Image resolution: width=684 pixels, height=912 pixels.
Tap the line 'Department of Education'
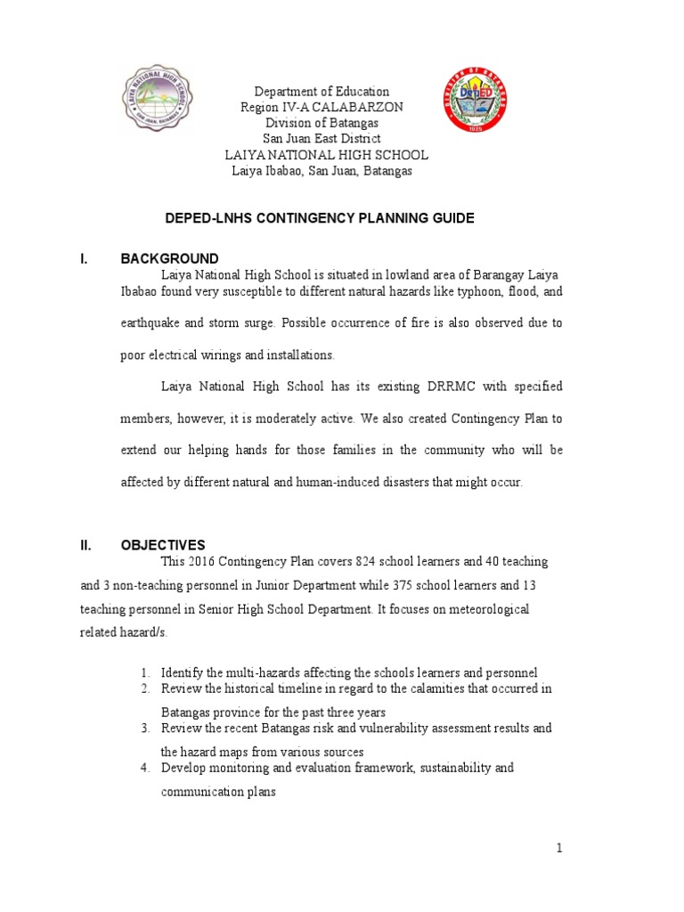point(322,92)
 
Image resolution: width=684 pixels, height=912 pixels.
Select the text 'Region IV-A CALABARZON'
point(322,107)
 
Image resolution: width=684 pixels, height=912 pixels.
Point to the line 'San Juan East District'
point(322,139)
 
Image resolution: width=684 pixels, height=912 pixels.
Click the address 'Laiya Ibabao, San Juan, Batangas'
point(322,171)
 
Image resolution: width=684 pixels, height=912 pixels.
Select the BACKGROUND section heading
point(169,259)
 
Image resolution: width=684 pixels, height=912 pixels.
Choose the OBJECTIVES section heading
point(163,545)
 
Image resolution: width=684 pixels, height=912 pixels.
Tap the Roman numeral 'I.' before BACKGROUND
point(85,259)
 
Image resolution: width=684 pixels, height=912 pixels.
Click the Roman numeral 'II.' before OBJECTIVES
point(85,545)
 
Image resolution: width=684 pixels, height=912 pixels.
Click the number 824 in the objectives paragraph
point(367,562)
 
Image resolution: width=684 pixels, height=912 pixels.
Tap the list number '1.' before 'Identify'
point(147,672)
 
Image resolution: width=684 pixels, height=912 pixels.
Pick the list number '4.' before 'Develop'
point(147,767)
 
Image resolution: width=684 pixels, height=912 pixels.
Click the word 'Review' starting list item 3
point(179,728)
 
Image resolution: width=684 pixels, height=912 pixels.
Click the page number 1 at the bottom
point(559,849)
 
